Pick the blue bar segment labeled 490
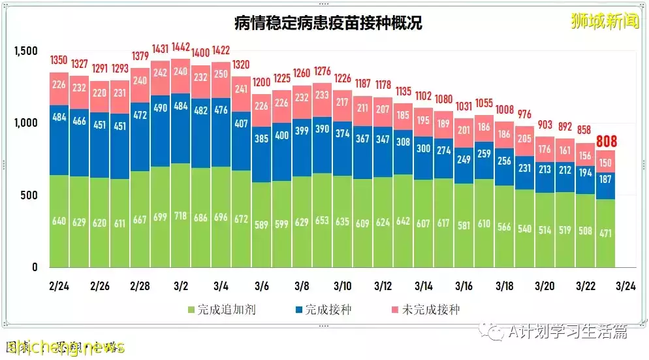(x=161, y=108)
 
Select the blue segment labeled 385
(x=261, y=156)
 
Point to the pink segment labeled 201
(x=464, y=130)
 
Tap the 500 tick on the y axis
(x=33, y=195)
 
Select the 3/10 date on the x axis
(x=342, y=286)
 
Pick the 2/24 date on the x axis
(x=59, y=286)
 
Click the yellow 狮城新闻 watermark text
(x=600, y=21)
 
